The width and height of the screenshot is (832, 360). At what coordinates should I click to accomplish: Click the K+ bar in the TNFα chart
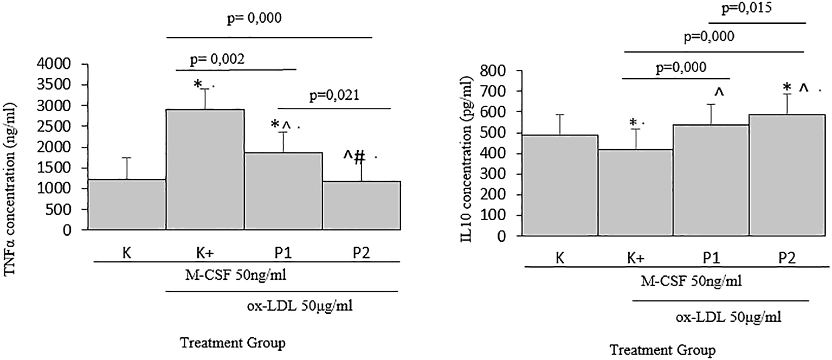[x=205, y=169]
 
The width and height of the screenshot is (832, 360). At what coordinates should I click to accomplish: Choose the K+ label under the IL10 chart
[x=635, y=258]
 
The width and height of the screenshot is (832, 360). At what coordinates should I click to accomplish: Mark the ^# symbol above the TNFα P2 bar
[x=353, y=157]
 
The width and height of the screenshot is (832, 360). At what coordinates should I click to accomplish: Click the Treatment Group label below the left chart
[x=233, y=343]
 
